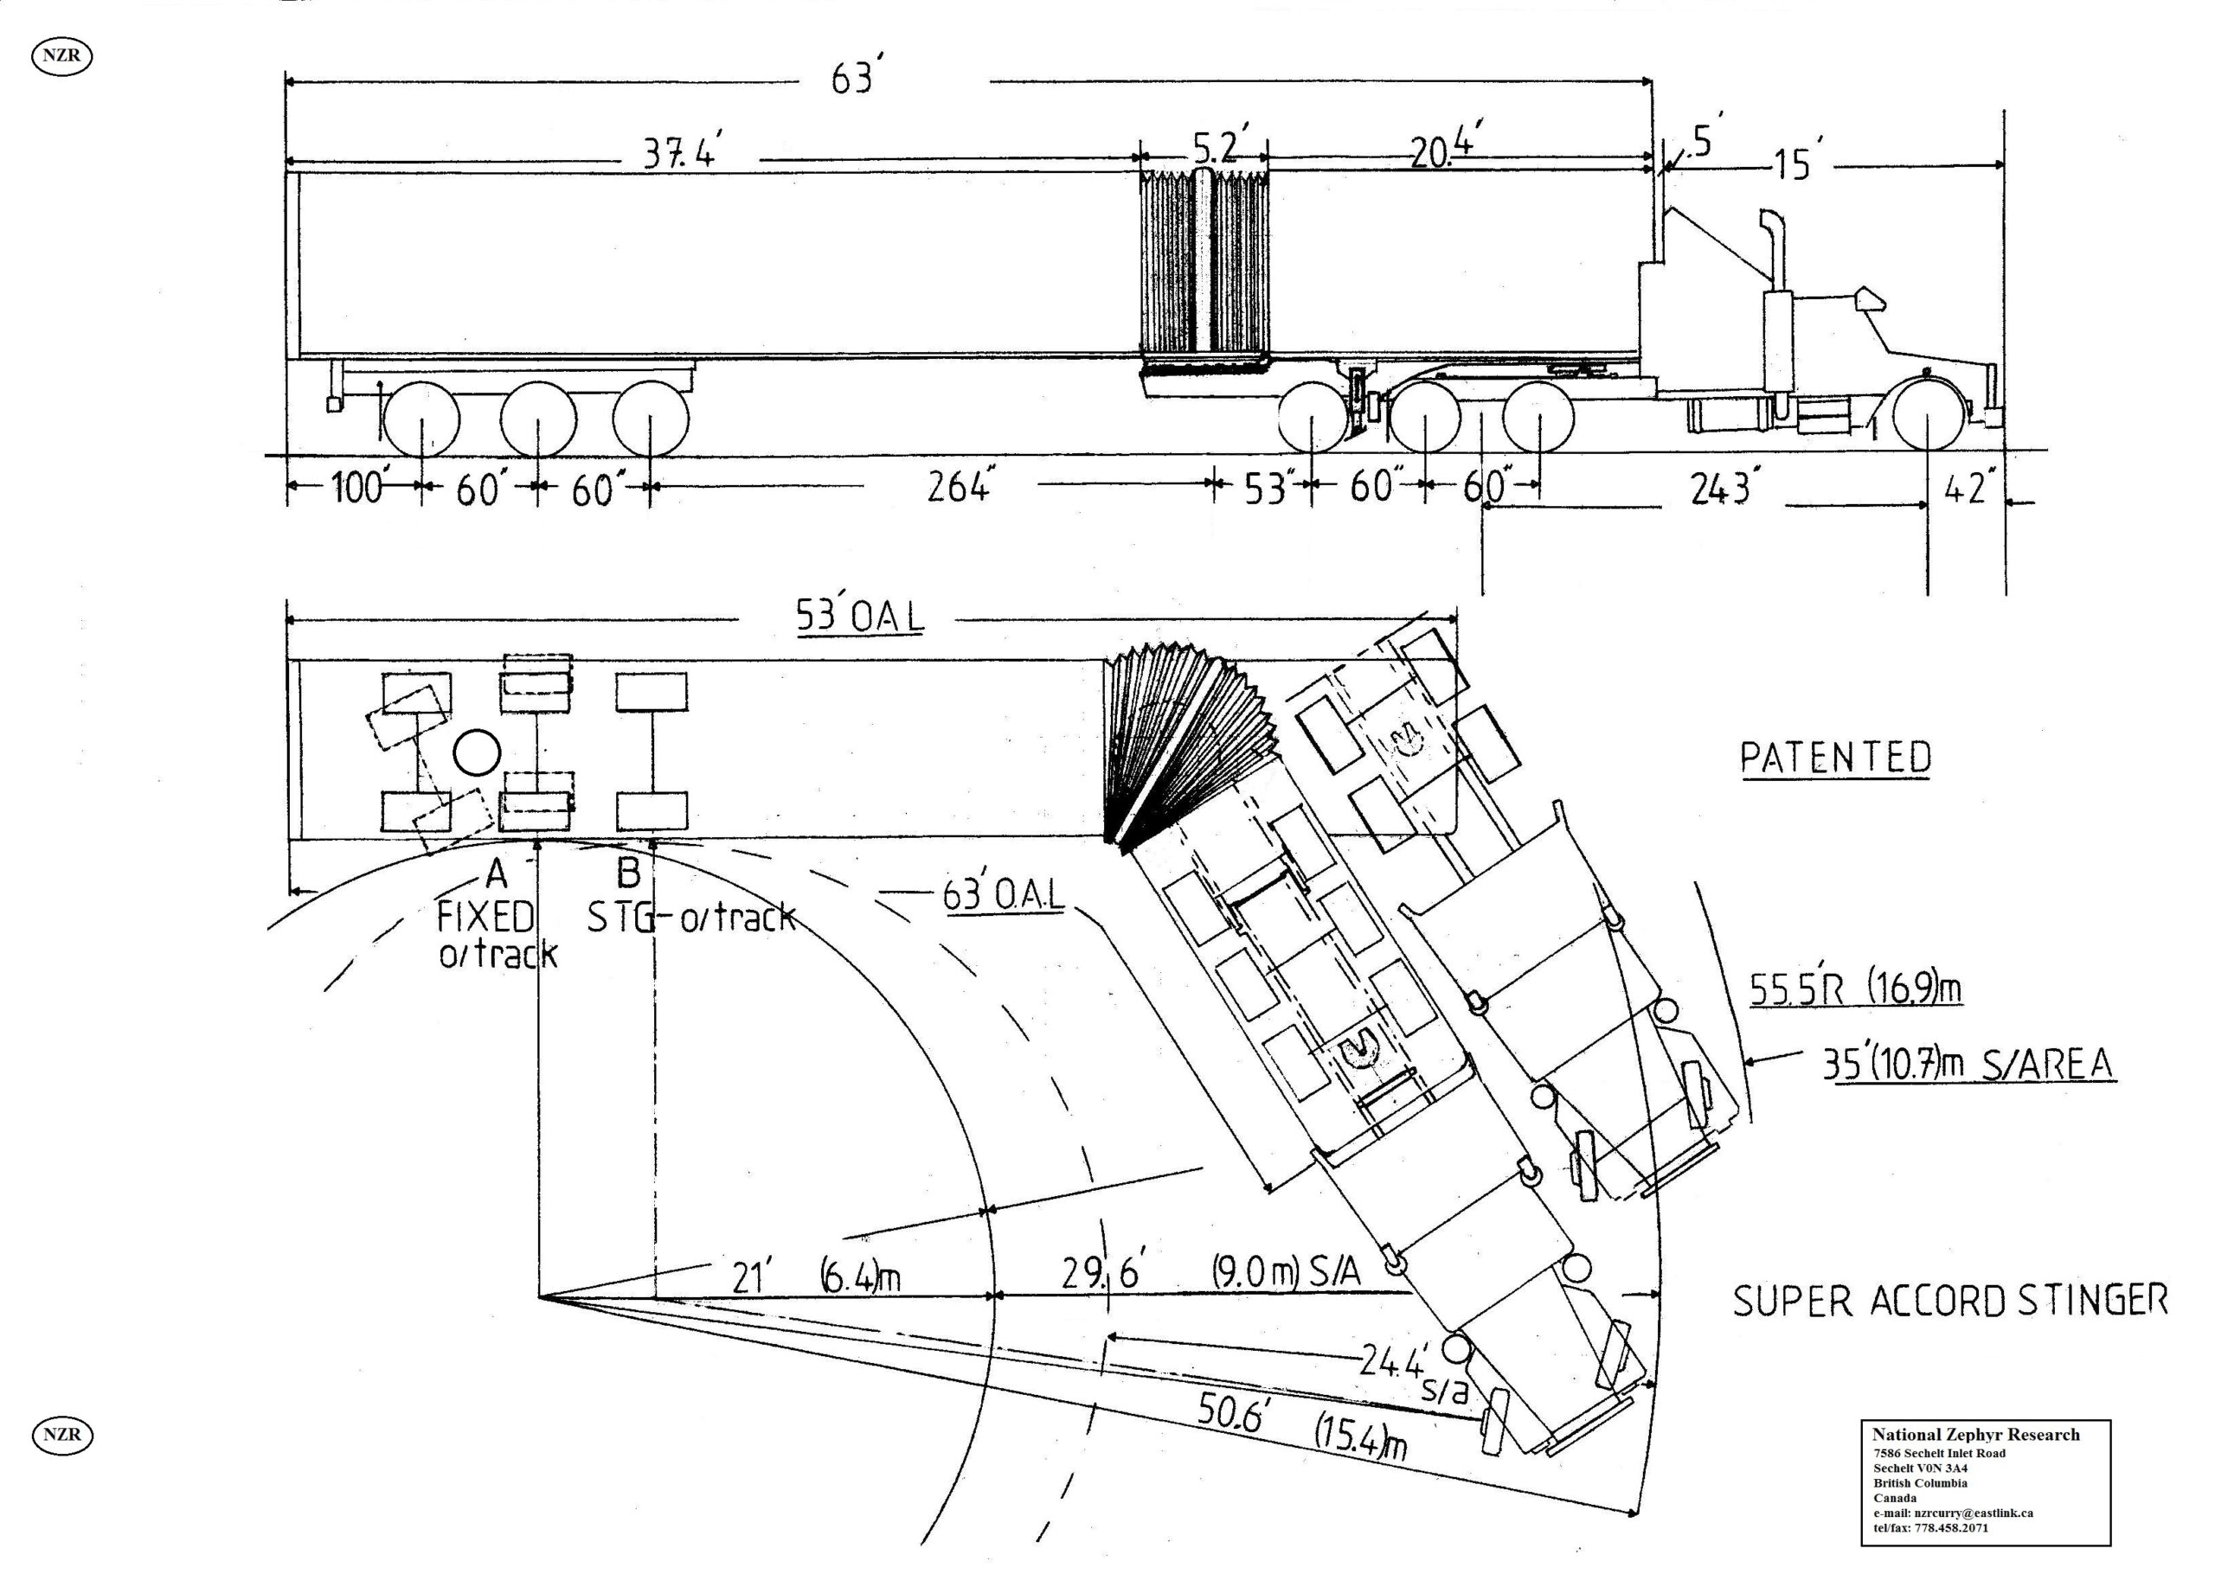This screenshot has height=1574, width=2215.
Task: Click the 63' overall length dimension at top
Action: click(853, 78)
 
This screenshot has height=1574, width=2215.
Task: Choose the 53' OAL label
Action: click(859, 617)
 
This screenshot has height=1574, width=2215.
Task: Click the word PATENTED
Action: click(1835, 758)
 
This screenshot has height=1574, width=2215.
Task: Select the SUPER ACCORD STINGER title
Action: click(1949, 1301)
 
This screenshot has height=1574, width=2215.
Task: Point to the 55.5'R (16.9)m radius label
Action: click(1854, 989)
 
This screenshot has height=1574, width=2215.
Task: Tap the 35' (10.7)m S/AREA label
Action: click(1968, 1065)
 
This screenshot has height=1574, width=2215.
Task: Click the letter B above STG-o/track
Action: click(628, 873)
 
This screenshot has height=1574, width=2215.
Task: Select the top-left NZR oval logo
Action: click(62, 56)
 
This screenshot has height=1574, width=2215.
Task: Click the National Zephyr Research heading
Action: click(1975, 1435)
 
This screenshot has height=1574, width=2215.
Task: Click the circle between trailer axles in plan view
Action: click(476, 752)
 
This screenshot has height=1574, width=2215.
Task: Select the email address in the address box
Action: click(1952, 1513)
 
